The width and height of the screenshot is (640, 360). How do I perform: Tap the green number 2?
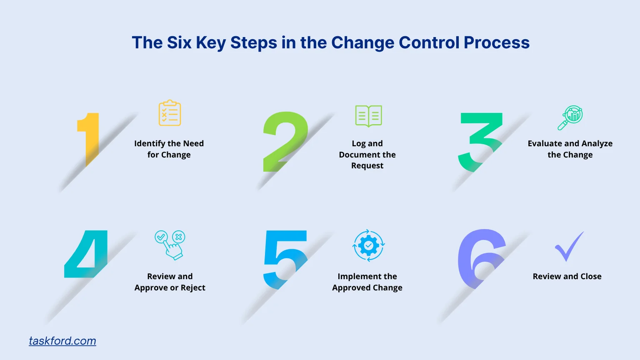click(x=285, y=142)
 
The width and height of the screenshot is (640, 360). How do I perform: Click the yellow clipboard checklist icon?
click(x=170, y=113)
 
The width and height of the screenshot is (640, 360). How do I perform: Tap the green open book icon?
click(x=368, y=115)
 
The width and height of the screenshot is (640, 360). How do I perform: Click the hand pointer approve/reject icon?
click(x=170, y=245)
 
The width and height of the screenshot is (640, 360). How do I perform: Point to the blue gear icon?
click(x=368, y=245)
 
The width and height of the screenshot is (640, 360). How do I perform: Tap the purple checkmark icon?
click(x=569, y=247)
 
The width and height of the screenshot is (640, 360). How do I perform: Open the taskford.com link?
click(x=62, y=341)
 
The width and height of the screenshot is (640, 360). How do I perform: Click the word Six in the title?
click(x=179, y=42)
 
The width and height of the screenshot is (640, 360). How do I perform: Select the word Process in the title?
click(x=497, y=42)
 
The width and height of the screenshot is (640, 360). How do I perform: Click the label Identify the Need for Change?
click(x=169, y=149)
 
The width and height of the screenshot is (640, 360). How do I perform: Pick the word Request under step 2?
click(x=367, y=165)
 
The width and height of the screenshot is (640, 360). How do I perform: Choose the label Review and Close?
click(x=567, y=276)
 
